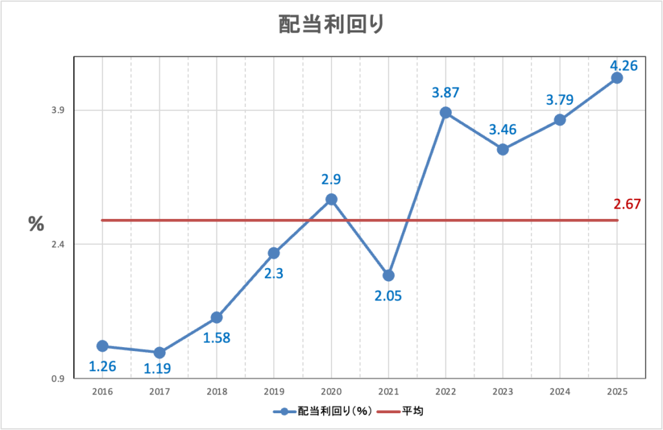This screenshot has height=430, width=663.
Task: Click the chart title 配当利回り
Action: (331, 24)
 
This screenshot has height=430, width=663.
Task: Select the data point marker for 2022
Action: (445, 113)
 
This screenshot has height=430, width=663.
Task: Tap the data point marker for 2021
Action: (388, 275)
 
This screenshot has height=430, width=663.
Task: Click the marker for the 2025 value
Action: (617, 78)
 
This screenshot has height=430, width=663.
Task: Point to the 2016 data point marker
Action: (102, 346)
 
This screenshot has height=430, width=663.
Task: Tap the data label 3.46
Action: (502, 130)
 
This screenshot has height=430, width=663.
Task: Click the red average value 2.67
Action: (627, 205)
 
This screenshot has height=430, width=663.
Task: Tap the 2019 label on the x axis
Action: (274, 392)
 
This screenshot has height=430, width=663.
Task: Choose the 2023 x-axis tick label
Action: (502, 392)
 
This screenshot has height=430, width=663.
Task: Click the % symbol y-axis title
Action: (36, 224)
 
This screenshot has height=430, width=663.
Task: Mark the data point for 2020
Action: (331, 199)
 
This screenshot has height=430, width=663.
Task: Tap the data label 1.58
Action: (217, 337)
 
